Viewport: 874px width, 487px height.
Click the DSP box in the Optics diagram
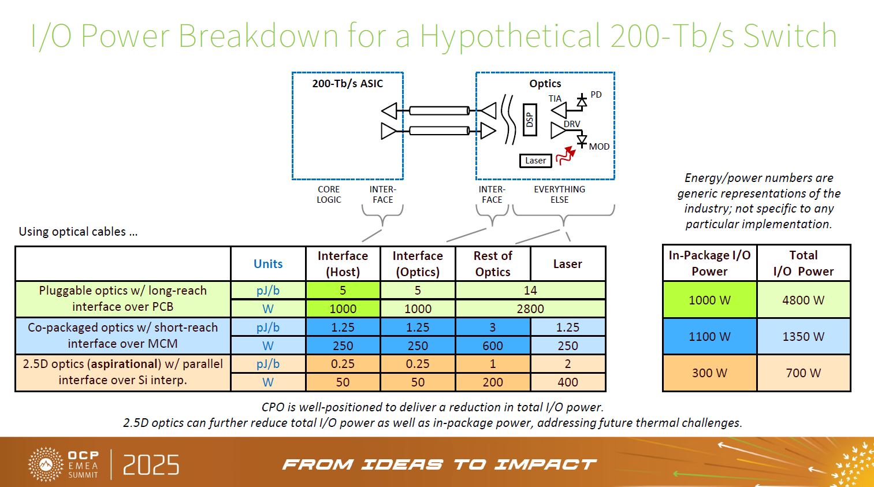click(x=530, y=120)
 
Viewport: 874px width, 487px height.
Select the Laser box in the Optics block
click(x=535, y=161)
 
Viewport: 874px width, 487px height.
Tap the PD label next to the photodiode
click(x=596, y=95)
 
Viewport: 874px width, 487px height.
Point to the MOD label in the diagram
click(x=599, y=147)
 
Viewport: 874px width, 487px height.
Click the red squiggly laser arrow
click(x=566, y=155)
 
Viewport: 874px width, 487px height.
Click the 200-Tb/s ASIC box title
click(x=347, y=84)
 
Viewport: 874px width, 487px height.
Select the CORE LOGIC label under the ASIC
click(x=329, y=195)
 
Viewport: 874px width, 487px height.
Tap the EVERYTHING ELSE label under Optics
click(x=559, y=195)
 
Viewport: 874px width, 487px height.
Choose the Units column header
click(x=268, y=264)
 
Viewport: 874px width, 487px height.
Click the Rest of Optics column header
click(x=493, y=264)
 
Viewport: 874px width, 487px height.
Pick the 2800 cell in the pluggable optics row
click(x=530, y=309)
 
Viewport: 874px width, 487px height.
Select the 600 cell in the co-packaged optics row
click(x=493, y=346)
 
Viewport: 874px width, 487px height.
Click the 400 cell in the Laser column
click(x=567, y=382)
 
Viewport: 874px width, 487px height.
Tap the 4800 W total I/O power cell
click(x=803, y=300)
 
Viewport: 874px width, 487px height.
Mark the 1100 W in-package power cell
click(x=709, y=337)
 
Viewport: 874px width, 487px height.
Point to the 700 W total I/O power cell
click(x=803, y=373)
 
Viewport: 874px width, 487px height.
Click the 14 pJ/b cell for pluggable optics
click(x=530, y=291)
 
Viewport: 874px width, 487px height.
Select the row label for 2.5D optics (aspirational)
click(x=122, y=372)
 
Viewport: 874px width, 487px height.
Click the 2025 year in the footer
click(x=151, y=465)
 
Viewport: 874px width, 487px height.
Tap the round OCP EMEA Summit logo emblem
click(x=46, y=464)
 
